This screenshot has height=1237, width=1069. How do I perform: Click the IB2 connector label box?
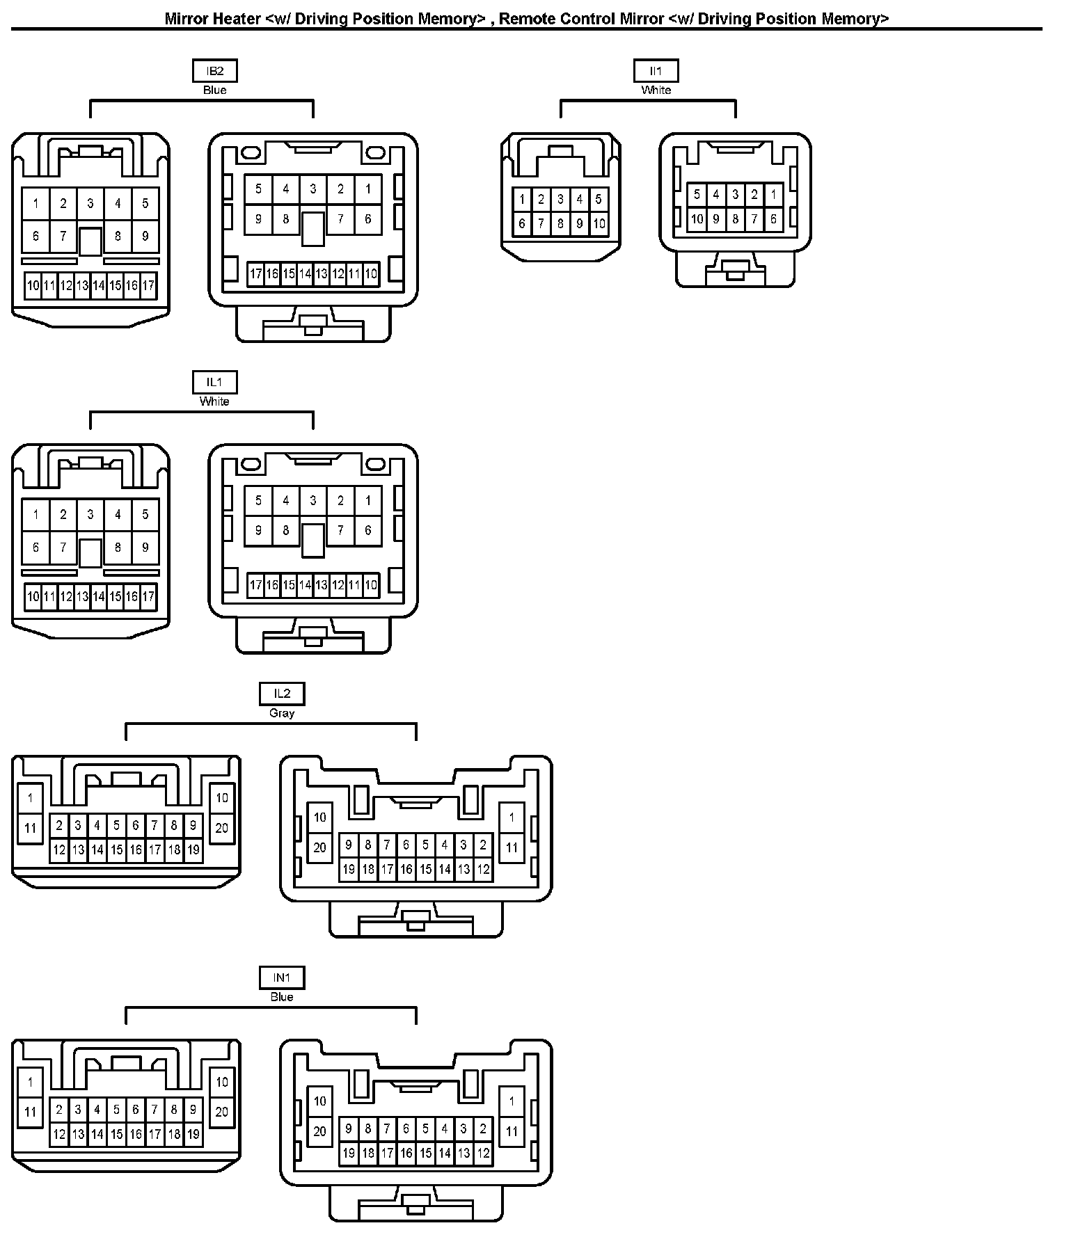coord(214,71)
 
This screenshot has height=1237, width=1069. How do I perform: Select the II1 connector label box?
coord(656,71)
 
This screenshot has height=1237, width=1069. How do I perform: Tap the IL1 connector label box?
coord(214,382)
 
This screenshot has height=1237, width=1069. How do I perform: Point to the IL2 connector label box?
coord(282,694)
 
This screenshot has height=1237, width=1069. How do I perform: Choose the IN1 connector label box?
coord(282,977)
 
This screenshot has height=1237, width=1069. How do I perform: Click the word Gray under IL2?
coord(282,713)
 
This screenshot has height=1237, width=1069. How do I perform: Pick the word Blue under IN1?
coord(282,997)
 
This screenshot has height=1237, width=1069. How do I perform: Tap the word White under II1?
coord(656,90)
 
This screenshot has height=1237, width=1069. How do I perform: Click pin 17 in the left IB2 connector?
coord(148,285)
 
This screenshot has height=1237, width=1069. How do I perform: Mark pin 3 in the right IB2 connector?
coord(313,189)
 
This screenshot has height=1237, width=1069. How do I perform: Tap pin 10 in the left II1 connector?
coord(599,224)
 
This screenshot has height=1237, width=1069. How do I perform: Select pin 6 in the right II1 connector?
coord(773,219)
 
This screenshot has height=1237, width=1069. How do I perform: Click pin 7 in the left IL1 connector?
coord(63,548)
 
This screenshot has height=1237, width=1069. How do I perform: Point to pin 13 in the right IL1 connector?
coord(321,585)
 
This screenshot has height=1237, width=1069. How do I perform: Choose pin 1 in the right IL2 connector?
coord(512,817)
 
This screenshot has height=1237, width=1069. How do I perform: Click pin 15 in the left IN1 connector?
coord(116,1134)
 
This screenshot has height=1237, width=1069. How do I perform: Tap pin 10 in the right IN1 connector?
coord(319,1101)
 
